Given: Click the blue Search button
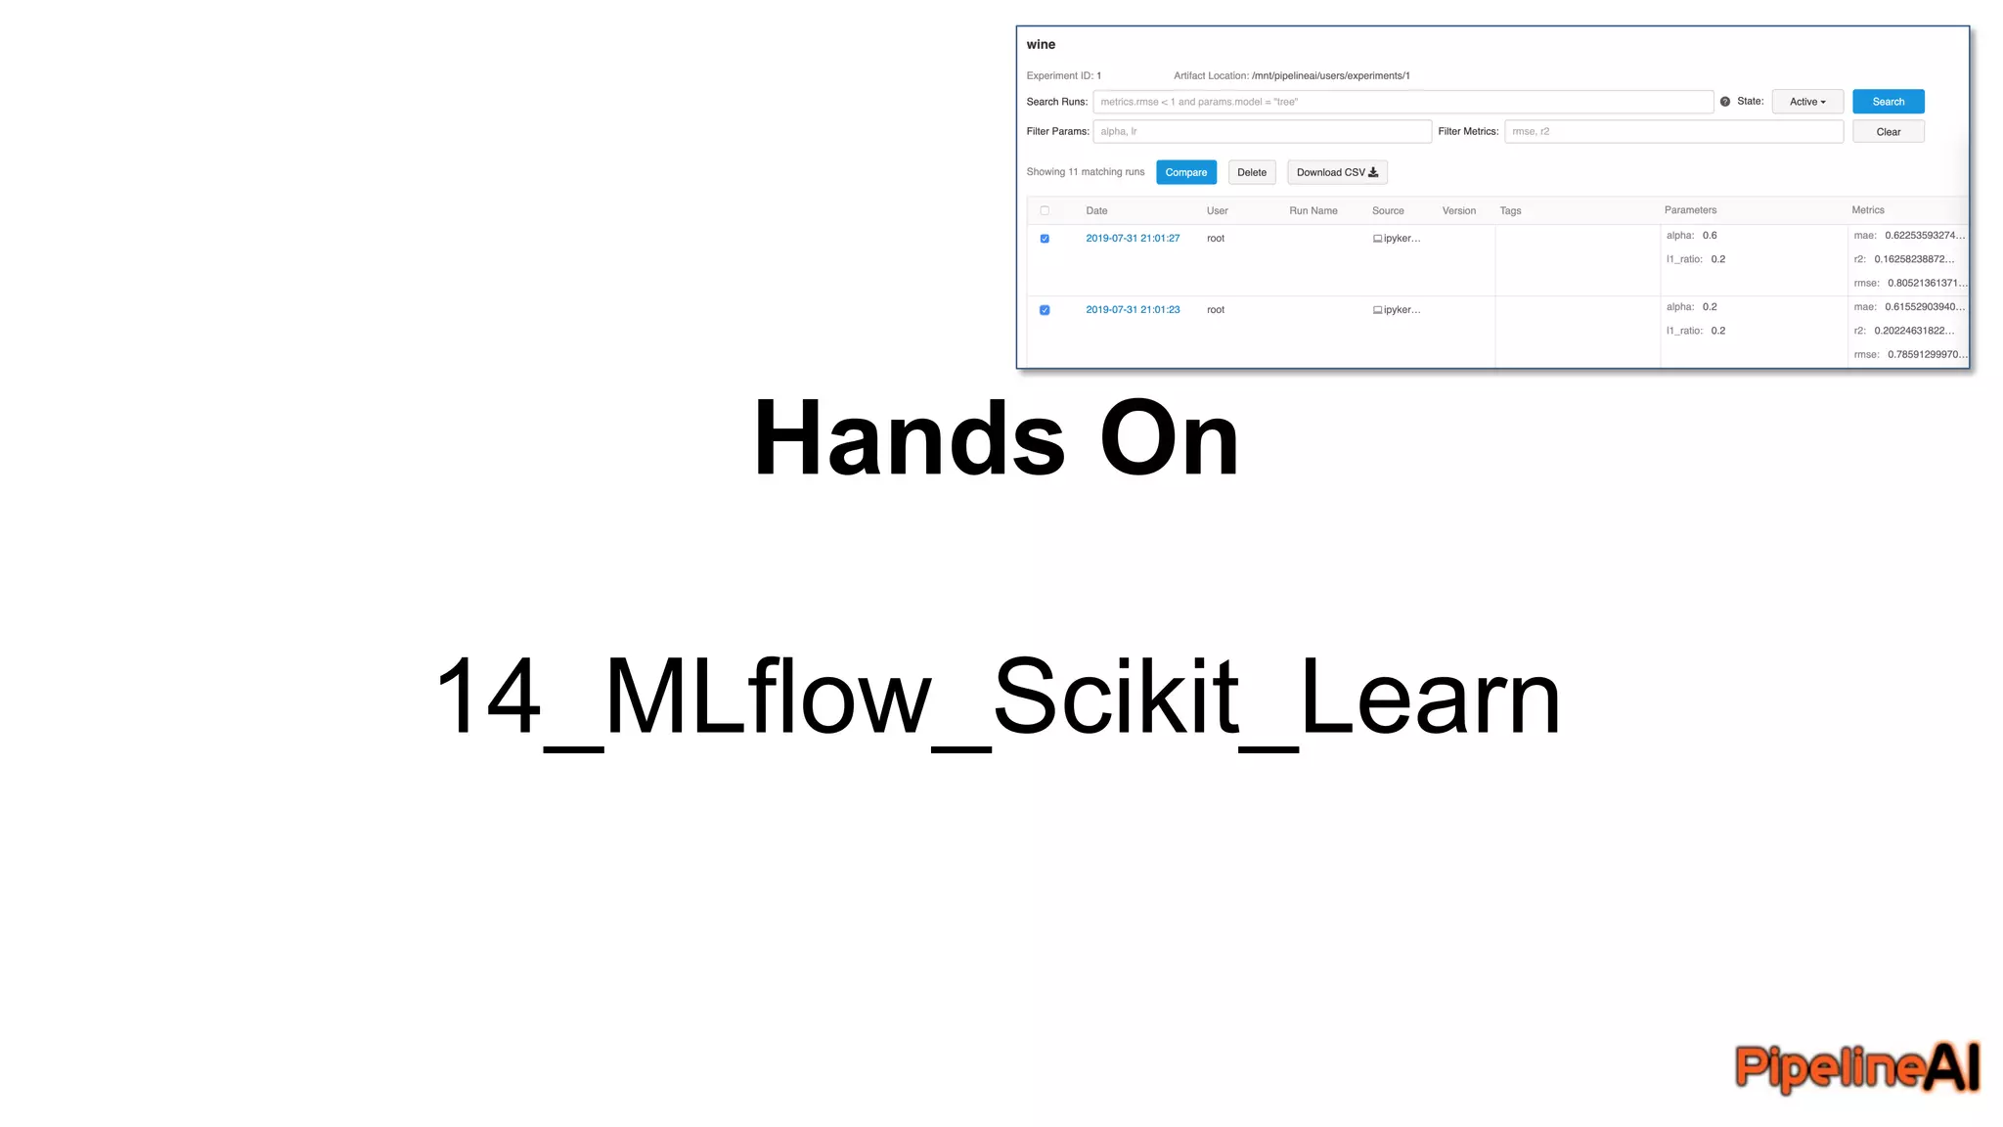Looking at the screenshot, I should pyautogui.click(x=1888, y=102).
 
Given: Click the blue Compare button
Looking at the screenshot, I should pyautogui.click(x=1185, y=172).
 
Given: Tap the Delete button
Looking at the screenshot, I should pyautogui.click(x=1251, y=172).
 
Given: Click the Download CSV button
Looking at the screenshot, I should pyautogui.click(x=1336, y=172).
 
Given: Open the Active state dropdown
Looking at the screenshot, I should pyautogui.click(x=1806, y=102).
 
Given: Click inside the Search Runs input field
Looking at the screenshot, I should pyautogui.click(x=1402, y=102).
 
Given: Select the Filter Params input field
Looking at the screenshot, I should pyautogui.click(x=1262, y=131).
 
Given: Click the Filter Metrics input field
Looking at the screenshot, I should pyautogui.click(x=1672, y=131).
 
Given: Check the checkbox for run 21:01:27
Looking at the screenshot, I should pyautogui.click(x=1045, y=239).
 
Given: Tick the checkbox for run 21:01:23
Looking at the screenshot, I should pyautogui.click(x=1045, y=310).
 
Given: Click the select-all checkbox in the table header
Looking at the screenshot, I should pyautogui.click(x=1045, y=210).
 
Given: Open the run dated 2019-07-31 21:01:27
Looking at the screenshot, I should pyautogui.click(x=1133, y=239).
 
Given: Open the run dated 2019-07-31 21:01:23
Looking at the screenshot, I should pyautogui.click(x=1133, y=310).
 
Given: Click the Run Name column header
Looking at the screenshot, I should pyautogui.click(x=1313, y=210).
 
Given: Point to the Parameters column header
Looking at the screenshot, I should pyautogui.click(x=1690, y=210).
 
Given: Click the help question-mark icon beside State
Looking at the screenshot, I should pyautogui.click(x=1725, y=102).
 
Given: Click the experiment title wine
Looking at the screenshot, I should pyautogui.click(x=1041, y=45).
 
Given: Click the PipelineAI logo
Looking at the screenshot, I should pyautogui.click(x=1856, y=1066).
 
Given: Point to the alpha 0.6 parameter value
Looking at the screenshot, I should pyautogui.click(x=1709, y=236).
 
